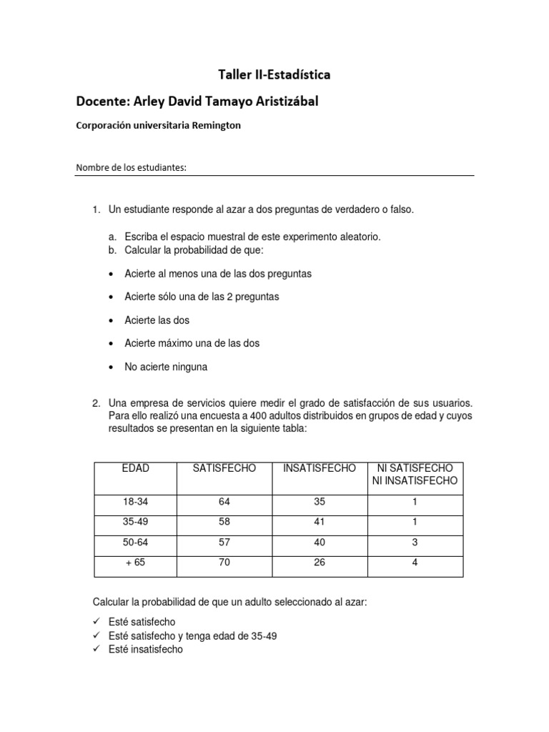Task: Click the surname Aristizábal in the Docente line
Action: click(x=277, y=102)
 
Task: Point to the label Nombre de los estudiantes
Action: click(x=131, y=168)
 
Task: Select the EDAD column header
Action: click(x=136, y=468)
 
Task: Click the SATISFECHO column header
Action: click(x=224, y=468)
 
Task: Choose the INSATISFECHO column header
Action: click(x=320, y=468)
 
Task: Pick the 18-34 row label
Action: click(x=136, y=502)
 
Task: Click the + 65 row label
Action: click(x=136, y=563)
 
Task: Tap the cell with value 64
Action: click(x=224, y=502)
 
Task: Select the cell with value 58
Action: click(x=224, y=522)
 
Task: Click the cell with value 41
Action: click(x=320, y=522)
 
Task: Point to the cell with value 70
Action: click(x=224, y=563)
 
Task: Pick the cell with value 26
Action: click(x=320, y=563)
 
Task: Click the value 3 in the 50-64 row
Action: click(x=415, y=543)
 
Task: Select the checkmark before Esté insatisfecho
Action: click(x=98, y=650)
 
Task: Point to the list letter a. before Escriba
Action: click(x=112, y=237)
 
